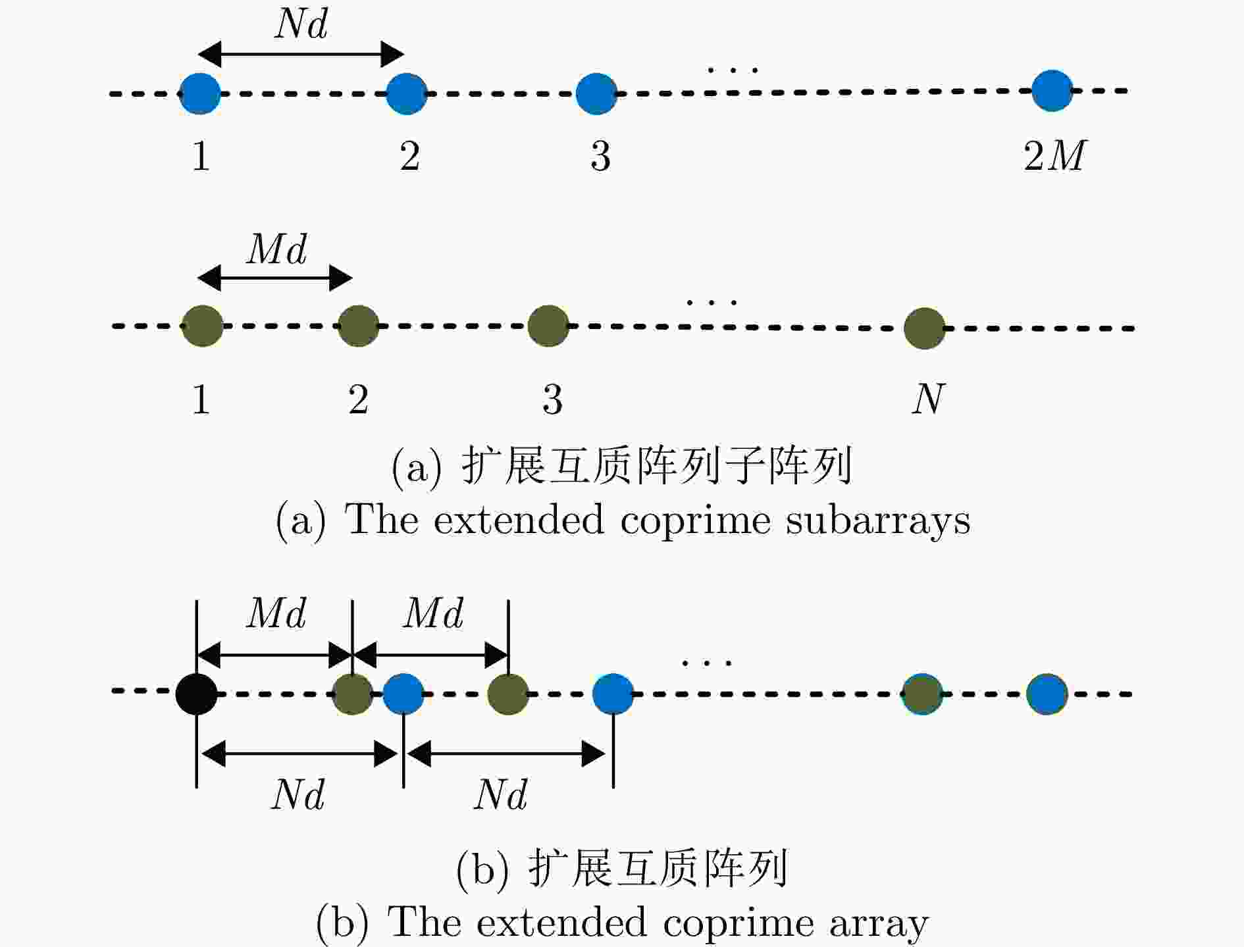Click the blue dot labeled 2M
tap(1052, 91)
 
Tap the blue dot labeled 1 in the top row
tap(199, 93)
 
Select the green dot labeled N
tap(924, 328)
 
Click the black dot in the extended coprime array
tap(196, 694)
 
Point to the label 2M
tap(1054, 156)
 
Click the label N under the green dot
tap(928, 399)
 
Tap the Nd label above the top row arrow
tap(301, 24)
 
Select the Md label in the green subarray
tap(276, 249)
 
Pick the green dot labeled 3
tap(548, 326)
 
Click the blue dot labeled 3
tap(596, 93)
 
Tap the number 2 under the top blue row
tap(409, 156)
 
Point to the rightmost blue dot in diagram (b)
tap(1047, 694)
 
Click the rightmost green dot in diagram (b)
tap(922, 694)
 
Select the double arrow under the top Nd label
tap(301, 54)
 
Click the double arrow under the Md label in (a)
tap(275, 278)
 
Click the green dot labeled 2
tap(358, 326)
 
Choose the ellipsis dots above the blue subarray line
tap(733, 69)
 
